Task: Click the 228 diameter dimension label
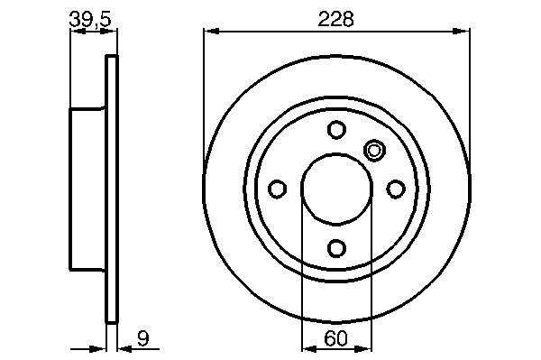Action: pos(335,19)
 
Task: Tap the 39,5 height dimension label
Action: pos(90,19)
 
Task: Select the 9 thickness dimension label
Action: pos(142,338)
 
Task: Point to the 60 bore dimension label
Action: pos(335,338)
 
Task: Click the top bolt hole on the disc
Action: pos(336,129)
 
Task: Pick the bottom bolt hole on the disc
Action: pos(336,248)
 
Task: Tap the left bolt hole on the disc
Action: pos(277,189)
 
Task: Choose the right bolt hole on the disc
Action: pos(396,189)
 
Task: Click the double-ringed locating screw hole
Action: pos(374,151)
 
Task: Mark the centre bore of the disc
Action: pos(336,189)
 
